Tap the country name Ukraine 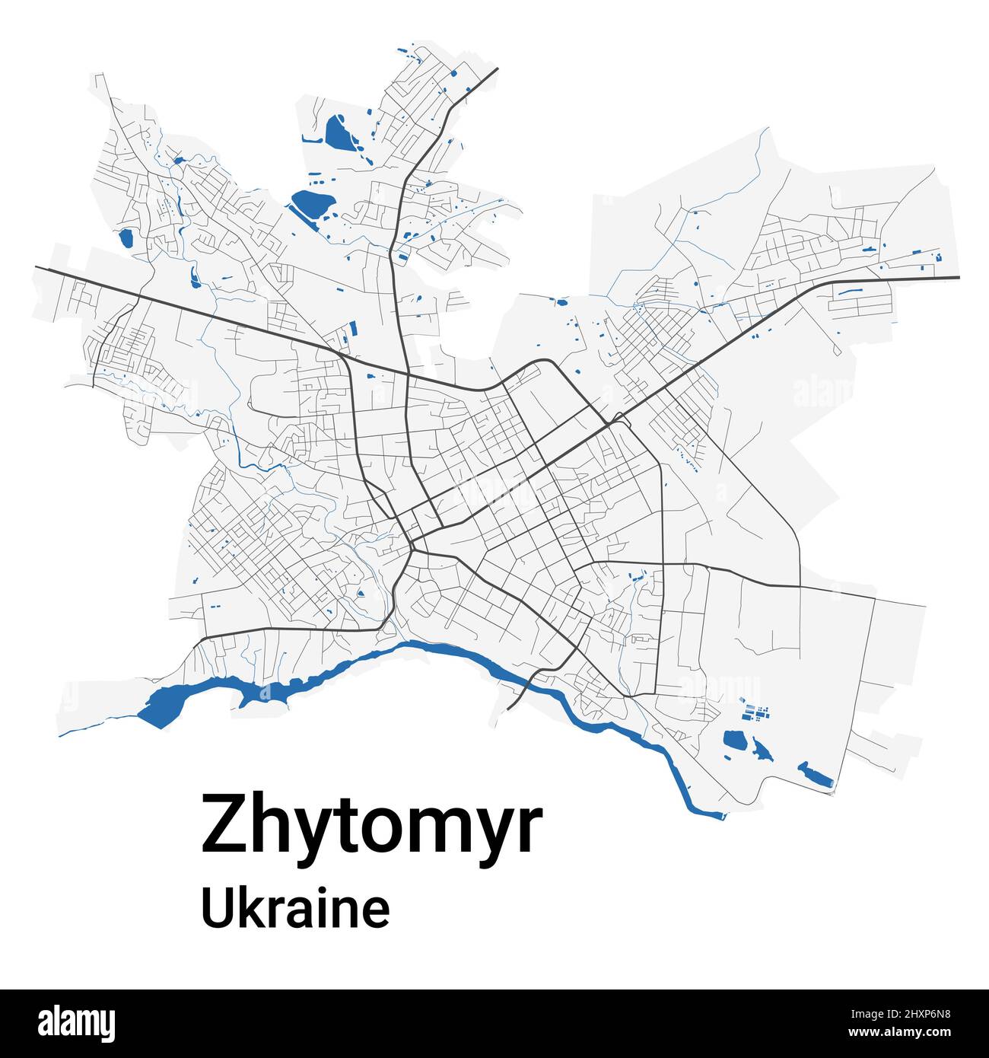(295, 909)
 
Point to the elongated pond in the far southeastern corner (815, 774)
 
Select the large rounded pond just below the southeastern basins (735, 738)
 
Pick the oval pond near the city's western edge (126, 238)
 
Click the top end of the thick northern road (496, 69)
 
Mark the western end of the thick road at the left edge (37, 267)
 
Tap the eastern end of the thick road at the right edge (958, 278)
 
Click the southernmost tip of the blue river (708, 814)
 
